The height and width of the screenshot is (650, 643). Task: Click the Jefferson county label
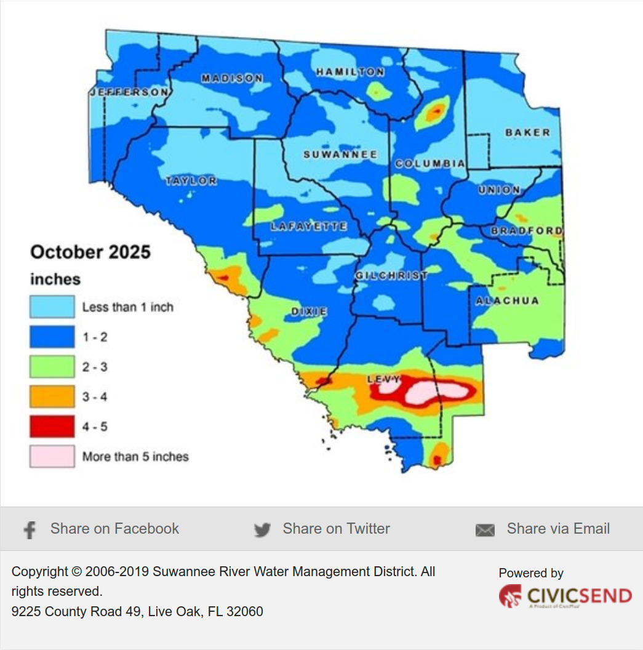point(129,92)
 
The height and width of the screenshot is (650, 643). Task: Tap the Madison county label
point(232,78)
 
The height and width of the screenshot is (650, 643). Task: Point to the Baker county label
point(527,132)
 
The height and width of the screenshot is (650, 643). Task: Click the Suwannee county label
point(340,154)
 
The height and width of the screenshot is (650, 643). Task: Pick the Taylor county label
point(191,180)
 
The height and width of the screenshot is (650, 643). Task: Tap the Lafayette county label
point(308,227)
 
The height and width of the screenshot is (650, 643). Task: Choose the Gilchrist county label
point(391,275)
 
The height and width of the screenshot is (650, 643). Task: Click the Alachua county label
point(507,300)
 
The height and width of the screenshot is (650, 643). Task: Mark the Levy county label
point(384,379)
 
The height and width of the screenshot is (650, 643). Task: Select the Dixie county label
point(309,311)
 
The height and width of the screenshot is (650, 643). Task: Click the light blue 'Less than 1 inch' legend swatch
point(52,307)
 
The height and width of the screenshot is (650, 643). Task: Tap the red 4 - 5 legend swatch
point(52,427)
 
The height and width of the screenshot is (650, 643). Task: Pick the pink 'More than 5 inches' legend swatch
point(52,457)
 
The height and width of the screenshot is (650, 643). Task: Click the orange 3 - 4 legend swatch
point(52,397)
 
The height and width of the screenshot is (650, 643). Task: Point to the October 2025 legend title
point(90,252)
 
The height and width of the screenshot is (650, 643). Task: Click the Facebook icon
point(29,530)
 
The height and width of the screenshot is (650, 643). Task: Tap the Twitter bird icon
point(262,530)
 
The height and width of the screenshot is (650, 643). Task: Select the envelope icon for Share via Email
point(485,530)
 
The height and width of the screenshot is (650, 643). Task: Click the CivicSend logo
point(565,596)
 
